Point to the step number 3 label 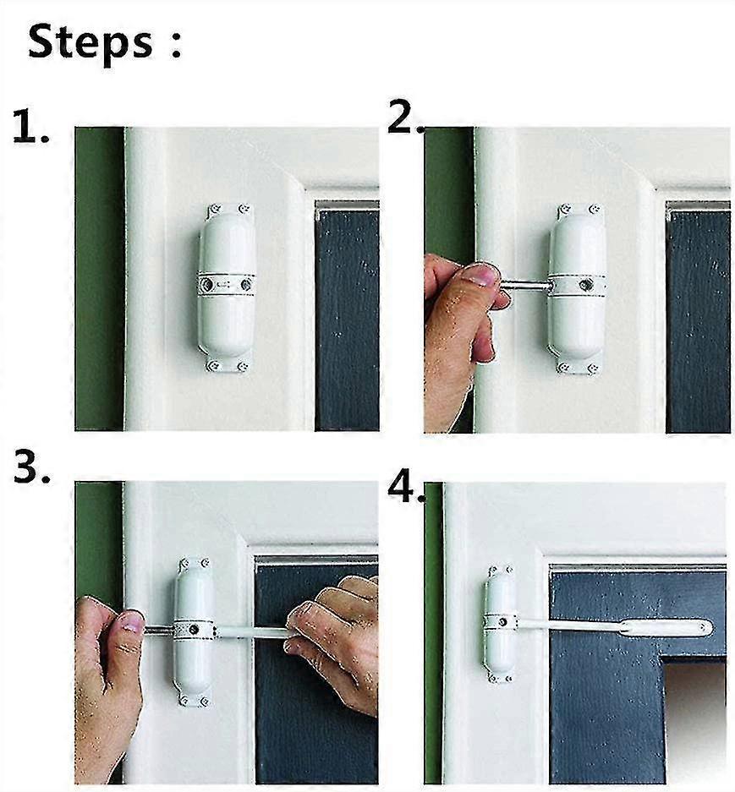[x=31, y=468]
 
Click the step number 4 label [x=405, y=488]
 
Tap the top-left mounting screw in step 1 [x=213, y=209]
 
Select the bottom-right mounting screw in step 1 [x=244, y=366]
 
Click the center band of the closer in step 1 [x=227, y=284]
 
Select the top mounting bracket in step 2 [x=578, y=209]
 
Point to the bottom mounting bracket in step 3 [x=194, y=699]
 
